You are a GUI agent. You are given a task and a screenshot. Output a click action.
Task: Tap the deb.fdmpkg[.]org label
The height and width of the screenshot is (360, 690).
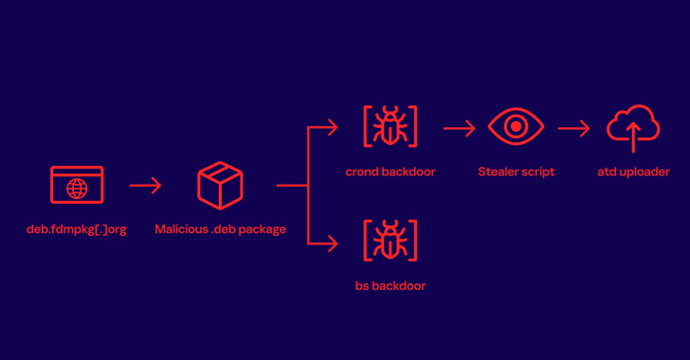77,229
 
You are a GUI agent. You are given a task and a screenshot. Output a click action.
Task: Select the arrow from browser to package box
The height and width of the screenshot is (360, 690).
145,186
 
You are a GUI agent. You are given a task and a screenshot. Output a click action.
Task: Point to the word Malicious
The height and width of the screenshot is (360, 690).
182,229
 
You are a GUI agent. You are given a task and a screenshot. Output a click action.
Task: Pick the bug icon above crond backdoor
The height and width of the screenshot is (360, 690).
390,126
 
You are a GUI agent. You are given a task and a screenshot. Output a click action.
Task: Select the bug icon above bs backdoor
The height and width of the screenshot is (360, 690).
390,241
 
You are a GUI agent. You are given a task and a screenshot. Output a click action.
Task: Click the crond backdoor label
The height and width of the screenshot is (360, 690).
390,171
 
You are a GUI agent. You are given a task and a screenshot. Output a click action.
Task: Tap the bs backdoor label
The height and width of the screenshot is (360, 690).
390,285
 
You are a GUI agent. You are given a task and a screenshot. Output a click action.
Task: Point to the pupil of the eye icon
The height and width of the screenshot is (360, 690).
517,126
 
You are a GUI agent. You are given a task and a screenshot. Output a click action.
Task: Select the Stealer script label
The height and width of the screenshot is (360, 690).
517,171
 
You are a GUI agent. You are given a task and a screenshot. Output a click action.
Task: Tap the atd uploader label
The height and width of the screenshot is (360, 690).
634,171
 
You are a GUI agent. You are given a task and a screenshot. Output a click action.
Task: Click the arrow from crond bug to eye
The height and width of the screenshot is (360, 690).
460,128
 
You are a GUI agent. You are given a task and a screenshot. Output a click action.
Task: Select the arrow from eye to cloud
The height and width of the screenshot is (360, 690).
573,128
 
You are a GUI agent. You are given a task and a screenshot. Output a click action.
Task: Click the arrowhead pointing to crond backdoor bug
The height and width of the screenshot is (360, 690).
333,128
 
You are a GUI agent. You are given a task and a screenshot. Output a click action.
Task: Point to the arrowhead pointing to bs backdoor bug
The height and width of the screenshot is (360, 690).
333,243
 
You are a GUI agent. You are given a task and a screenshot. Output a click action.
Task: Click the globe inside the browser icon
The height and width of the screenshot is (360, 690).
77,189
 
